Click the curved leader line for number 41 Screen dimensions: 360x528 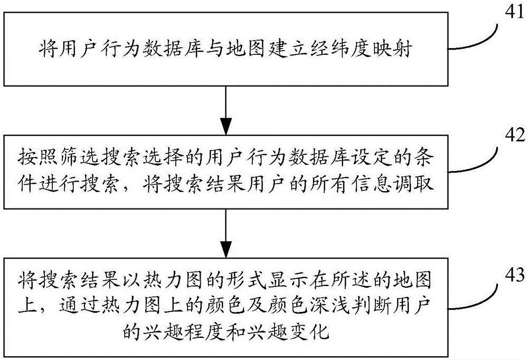[475, 39]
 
